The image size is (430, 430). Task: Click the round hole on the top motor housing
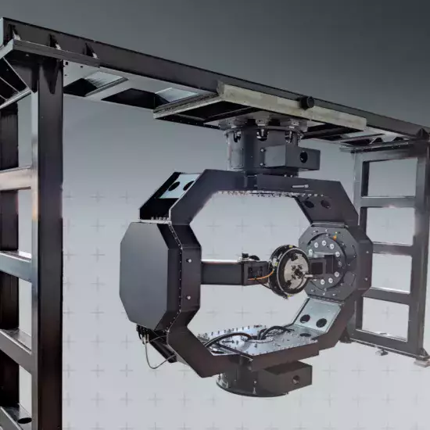coord(304,156)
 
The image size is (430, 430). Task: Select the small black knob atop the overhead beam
coord(308,102)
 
